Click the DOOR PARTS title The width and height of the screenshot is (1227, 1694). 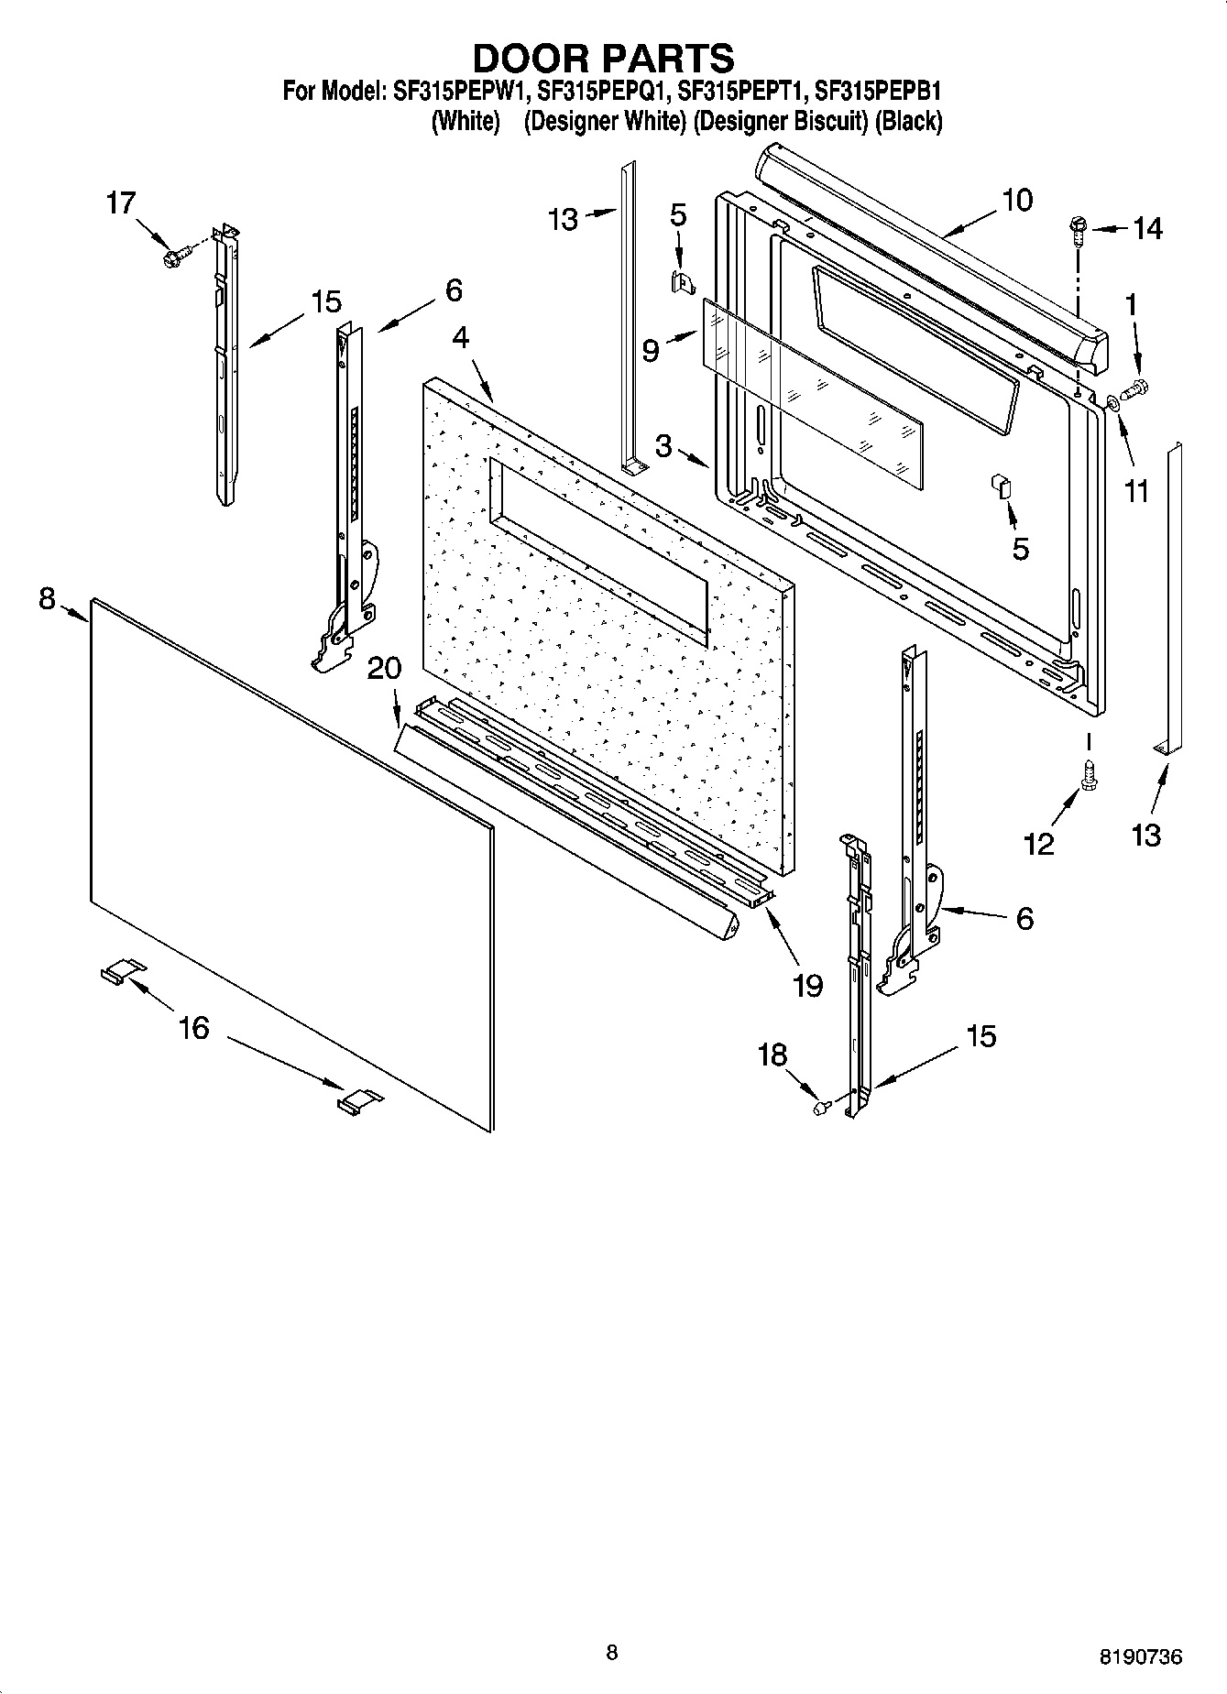click(603, 58)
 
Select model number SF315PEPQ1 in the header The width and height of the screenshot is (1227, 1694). click(604, 92)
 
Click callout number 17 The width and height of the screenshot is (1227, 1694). click(120, 203)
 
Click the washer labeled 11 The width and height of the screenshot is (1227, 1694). click(1112, 401)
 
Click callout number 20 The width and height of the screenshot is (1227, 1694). click(384, 669)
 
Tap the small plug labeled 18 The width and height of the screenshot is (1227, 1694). click(821, 1108)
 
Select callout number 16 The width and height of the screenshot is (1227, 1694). click(193, 1028)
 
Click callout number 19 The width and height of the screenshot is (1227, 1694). click(808, 985)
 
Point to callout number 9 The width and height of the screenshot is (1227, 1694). click(651, 350)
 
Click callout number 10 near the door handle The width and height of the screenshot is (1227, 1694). click(1017, 200)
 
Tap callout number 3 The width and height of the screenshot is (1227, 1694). click(663, 446)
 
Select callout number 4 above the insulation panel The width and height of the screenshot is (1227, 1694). click(460, 337)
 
